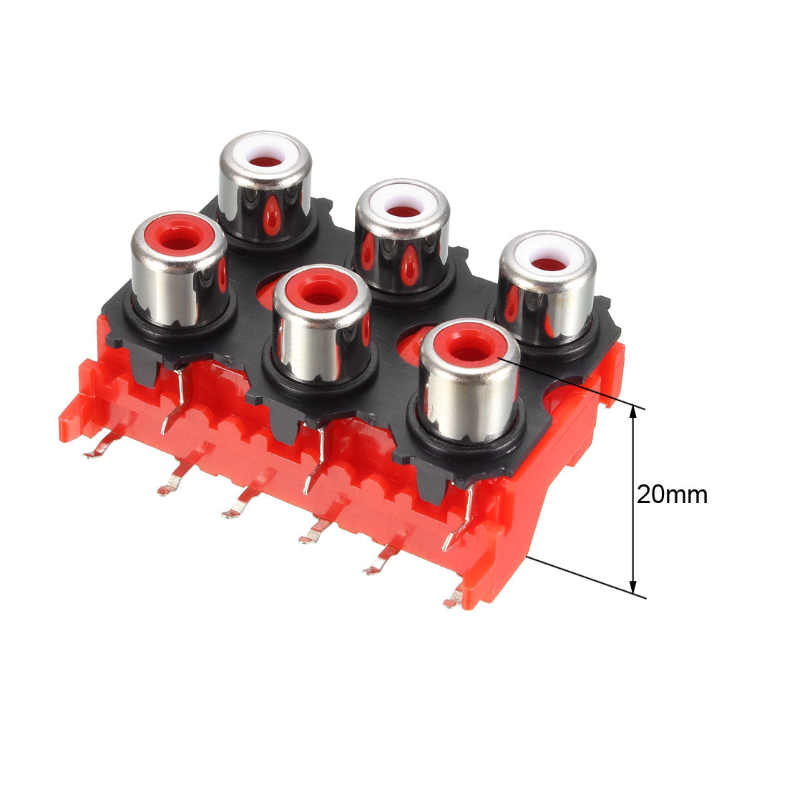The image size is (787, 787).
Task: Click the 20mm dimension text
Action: pyautogui.click(x=672, y=494)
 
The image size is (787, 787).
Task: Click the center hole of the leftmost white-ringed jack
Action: pyautogui.click(x=266, y=161)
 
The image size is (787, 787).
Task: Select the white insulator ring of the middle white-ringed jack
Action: pyautogui.click(x=404, y=204)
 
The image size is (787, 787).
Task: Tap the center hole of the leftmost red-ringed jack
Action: pyautogui.click(x=180, y=244)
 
